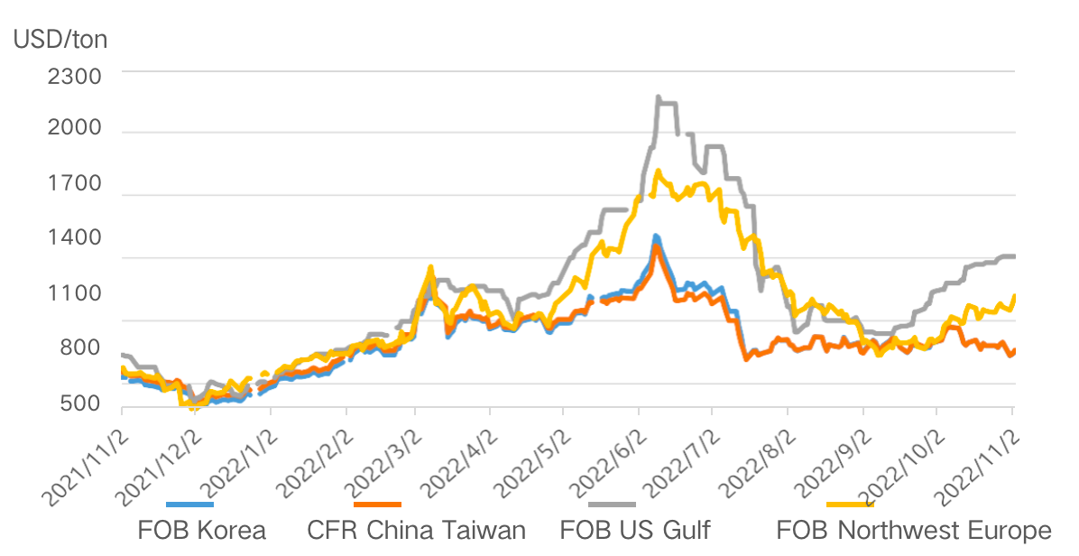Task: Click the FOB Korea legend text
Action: coord(202,530)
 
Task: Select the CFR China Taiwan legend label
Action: coord(416,530)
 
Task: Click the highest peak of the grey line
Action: coord(659,97)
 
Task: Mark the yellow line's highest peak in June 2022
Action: coord(658,171)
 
